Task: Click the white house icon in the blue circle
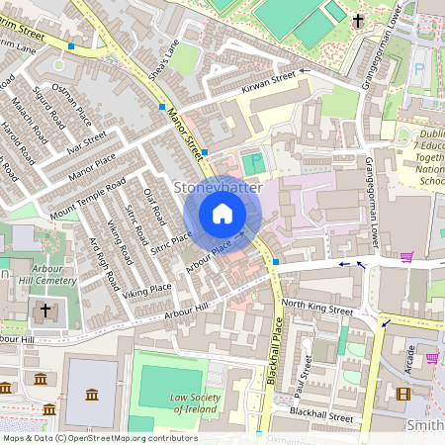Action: point(222,214)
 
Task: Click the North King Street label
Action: point(316,309)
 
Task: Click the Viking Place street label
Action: point(147,290)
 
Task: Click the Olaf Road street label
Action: point(152,205)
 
